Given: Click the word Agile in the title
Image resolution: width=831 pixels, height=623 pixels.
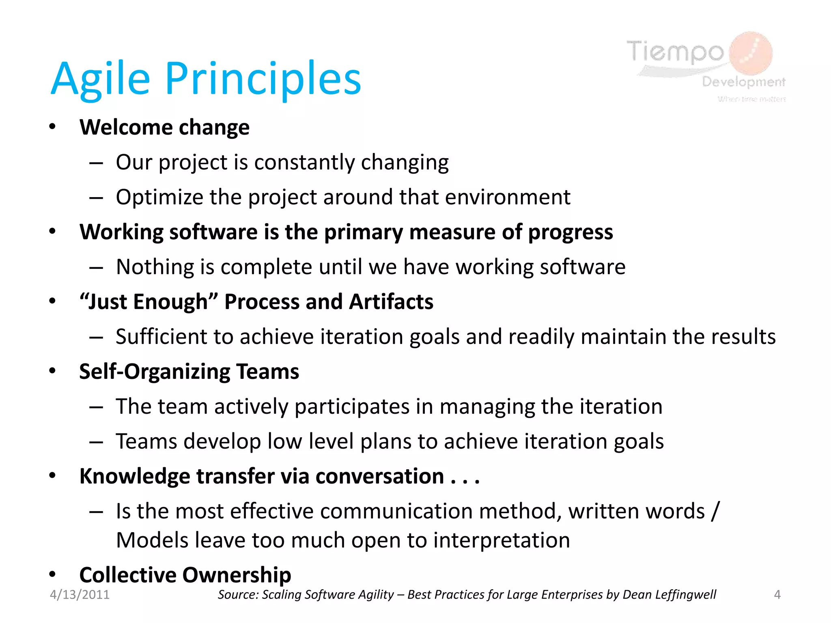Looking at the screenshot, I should pyautogui.click(x=100, y=79).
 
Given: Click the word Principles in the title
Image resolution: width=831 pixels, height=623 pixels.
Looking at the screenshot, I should pyautogui.click(x=263, y=79).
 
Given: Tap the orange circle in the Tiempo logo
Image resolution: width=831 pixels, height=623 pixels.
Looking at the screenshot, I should pyautogui.click(x=751, y=53).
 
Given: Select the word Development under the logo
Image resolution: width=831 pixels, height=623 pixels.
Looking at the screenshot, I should pyautogui.click(x=743, y=82).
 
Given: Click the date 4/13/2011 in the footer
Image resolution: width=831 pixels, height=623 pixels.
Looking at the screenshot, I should pyautogui.click(x=80, y=595).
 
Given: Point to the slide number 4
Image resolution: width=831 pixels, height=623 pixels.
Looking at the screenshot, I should pyautogui.click(x=777, y=595).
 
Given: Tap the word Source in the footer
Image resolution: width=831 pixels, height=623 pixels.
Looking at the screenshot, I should pyautogui.click(x=238, y=595).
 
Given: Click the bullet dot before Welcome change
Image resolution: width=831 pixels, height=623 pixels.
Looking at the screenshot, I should pyautogui.click(x=52, y=127).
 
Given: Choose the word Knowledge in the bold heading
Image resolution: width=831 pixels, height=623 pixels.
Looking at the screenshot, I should pyautogui.click(x=134, y=476).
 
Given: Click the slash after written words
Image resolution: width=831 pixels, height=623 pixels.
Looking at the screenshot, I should pyautogui.click(x=715, y=511).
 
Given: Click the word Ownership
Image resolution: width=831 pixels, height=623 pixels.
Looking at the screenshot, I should pyautogui.click(x=237, y=575).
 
